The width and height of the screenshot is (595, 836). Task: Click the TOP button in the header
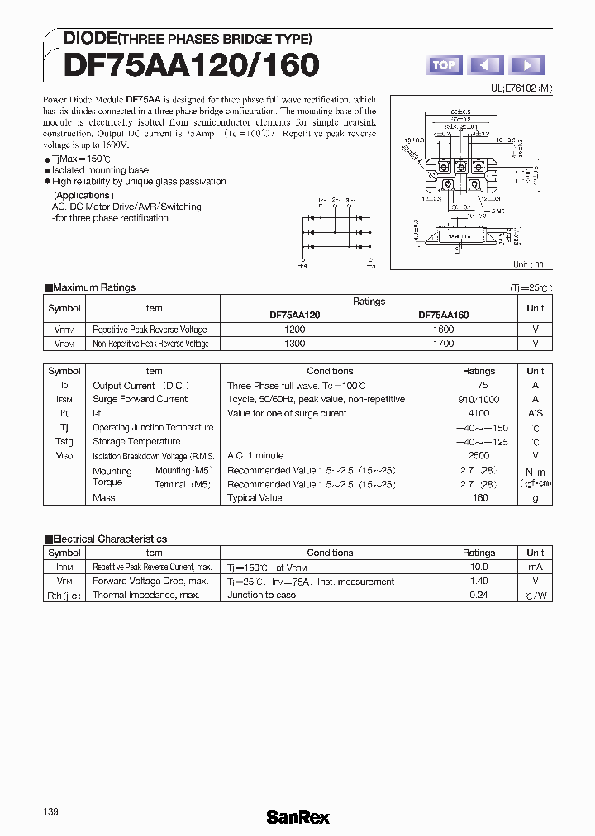(445, 65)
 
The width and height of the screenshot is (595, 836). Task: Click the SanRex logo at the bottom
(297, 817)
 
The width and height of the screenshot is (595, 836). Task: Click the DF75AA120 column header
(295, 315)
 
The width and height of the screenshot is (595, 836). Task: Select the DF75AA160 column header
(443, 315)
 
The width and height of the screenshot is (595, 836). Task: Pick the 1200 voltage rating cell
(295, 329)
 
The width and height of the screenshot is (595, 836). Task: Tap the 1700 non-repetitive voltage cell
(443, 343)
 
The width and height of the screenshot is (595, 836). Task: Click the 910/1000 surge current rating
(478, 399)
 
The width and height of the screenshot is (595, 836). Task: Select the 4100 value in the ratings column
(478, 413)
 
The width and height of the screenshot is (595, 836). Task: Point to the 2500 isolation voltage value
(478, 455)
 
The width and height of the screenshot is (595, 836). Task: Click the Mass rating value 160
(480, 497)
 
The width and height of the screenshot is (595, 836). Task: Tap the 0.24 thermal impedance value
(478, 595)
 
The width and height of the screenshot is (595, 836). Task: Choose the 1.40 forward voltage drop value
(478, 581)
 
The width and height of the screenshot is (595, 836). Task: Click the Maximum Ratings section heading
(93, 287)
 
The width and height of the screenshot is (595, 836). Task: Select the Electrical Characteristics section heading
(109, 539)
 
